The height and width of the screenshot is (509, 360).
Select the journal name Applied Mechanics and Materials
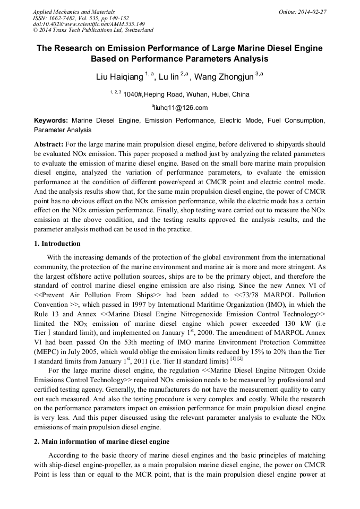point(74,12)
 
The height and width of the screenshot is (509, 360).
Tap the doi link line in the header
point(89,24)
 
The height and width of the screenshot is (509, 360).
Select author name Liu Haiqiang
point(119,77)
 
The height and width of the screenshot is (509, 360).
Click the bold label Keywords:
point(51,120)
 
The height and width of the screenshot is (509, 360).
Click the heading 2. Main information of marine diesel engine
point(101,441)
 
